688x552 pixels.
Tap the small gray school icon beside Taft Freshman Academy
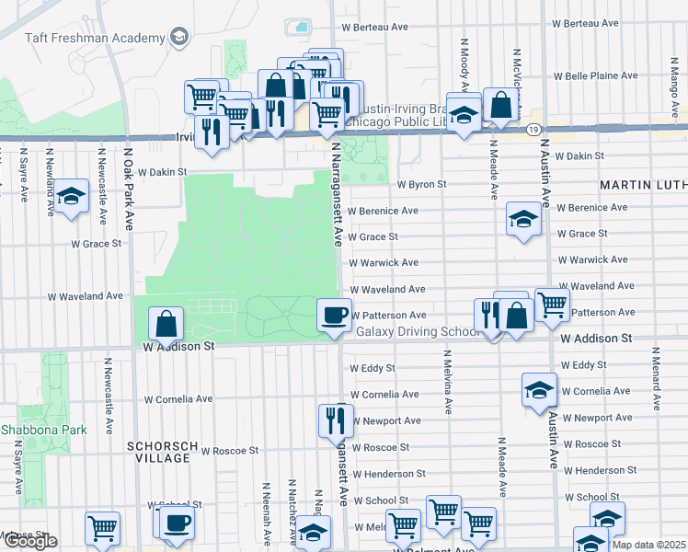(179, 38)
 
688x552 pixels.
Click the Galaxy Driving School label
(419, 331)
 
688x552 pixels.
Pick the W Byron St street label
(421, 184)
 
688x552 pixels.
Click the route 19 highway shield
(533, 130)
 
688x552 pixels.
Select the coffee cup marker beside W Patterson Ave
(334, 315)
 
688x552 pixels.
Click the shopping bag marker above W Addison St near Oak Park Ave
(166, 323)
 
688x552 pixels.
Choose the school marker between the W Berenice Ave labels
(523, 219)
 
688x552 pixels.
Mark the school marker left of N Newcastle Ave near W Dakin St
(71, 196)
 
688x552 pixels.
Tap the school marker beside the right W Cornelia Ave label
(539, 390)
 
